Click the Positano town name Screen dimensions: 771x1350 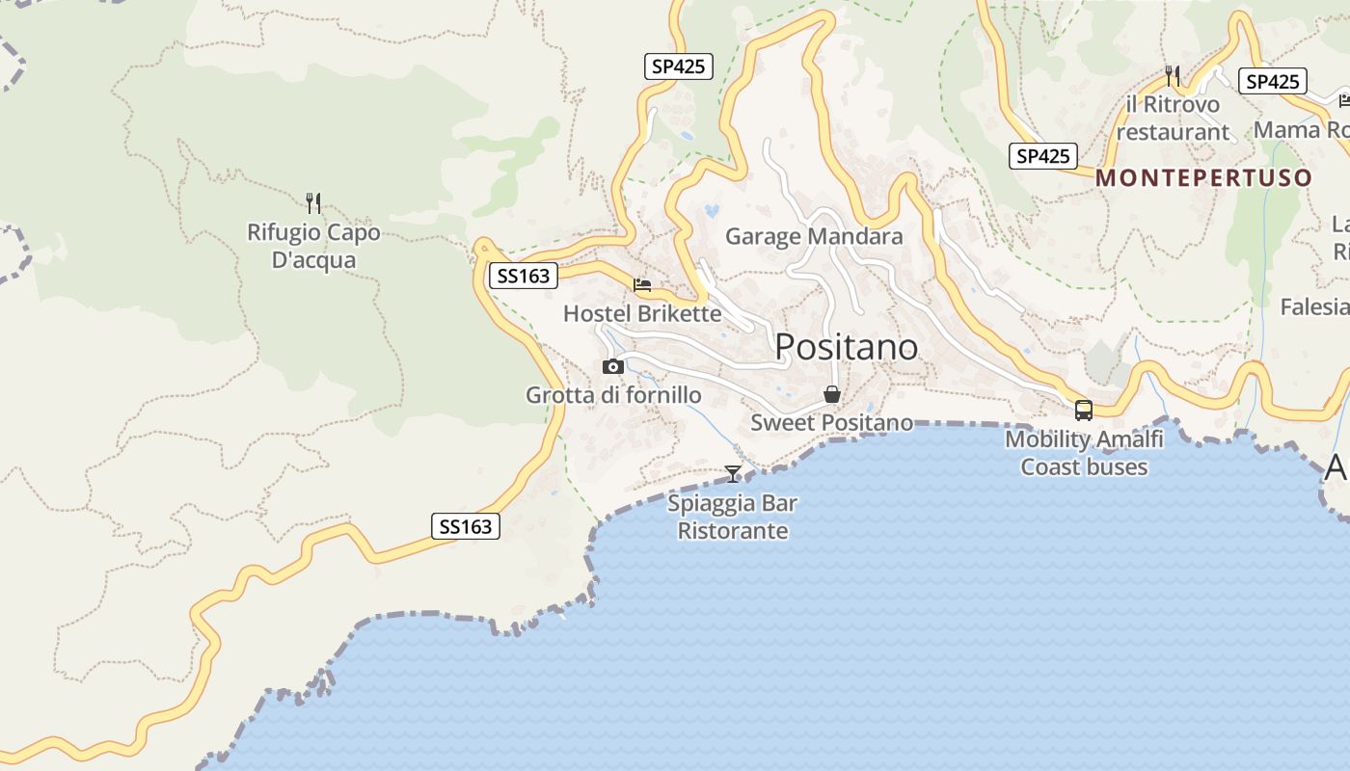pyautogui.click(x=846, y=347)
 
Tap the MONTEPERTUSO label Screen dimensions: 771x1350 pyautogui.click(x=1203, y=178)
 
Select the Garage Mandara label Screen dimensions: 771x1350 pyautogui.click(x=814, y=236)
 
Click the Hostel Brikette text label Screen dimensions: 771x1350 pyautogui.click(x=641, y=314)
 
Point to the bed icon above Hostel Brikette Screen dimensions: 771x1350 pyautogui.click(x=642, y=285)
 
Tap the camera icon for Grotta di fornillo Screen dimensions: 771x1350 pyautogui.click(x=612, y=366)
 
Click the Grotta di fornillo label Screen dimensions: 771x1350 pyautogui.click(x=613, y=395)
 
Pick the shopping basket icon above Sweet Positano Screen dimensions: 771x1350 pyautogui.click(x=831, y=394)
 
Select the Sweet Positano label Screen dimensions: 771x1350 pyautogui.click(x=831, y=422)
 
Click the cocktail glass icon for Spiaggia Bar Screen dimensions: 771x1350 pyautogui.click(x=733, y=473)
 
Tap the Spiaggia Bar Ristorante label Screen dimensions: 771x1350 pyautogui.click(x=733, y=517)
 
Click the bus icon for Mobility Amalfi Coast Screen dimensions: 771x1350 pyautogui.click(x=1084, y=411)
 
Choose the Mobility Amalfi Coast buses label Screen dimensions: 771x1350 pyautogui.click(x=1084, y=453)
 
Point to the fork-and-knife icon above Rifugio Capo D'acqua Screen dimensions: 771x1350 pyautogui.click(x=312, y=202)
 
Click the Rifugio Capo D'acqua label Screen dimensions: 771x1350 pyautogui.click(x=313, y=246)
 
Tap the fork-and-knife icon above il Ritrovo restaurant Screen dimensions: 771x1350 pyautogui.click(x=1173, y=75)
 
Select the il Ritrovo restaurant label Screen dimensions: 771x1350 pyautogui.click(x=1173, y=118)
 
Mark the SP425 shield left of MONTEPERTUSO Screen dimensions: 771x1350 pyautogui.click(x=1042, y=156)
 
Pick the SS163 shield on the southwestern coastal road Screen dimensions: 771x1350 pyautogui.click(x=465, y=526)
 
